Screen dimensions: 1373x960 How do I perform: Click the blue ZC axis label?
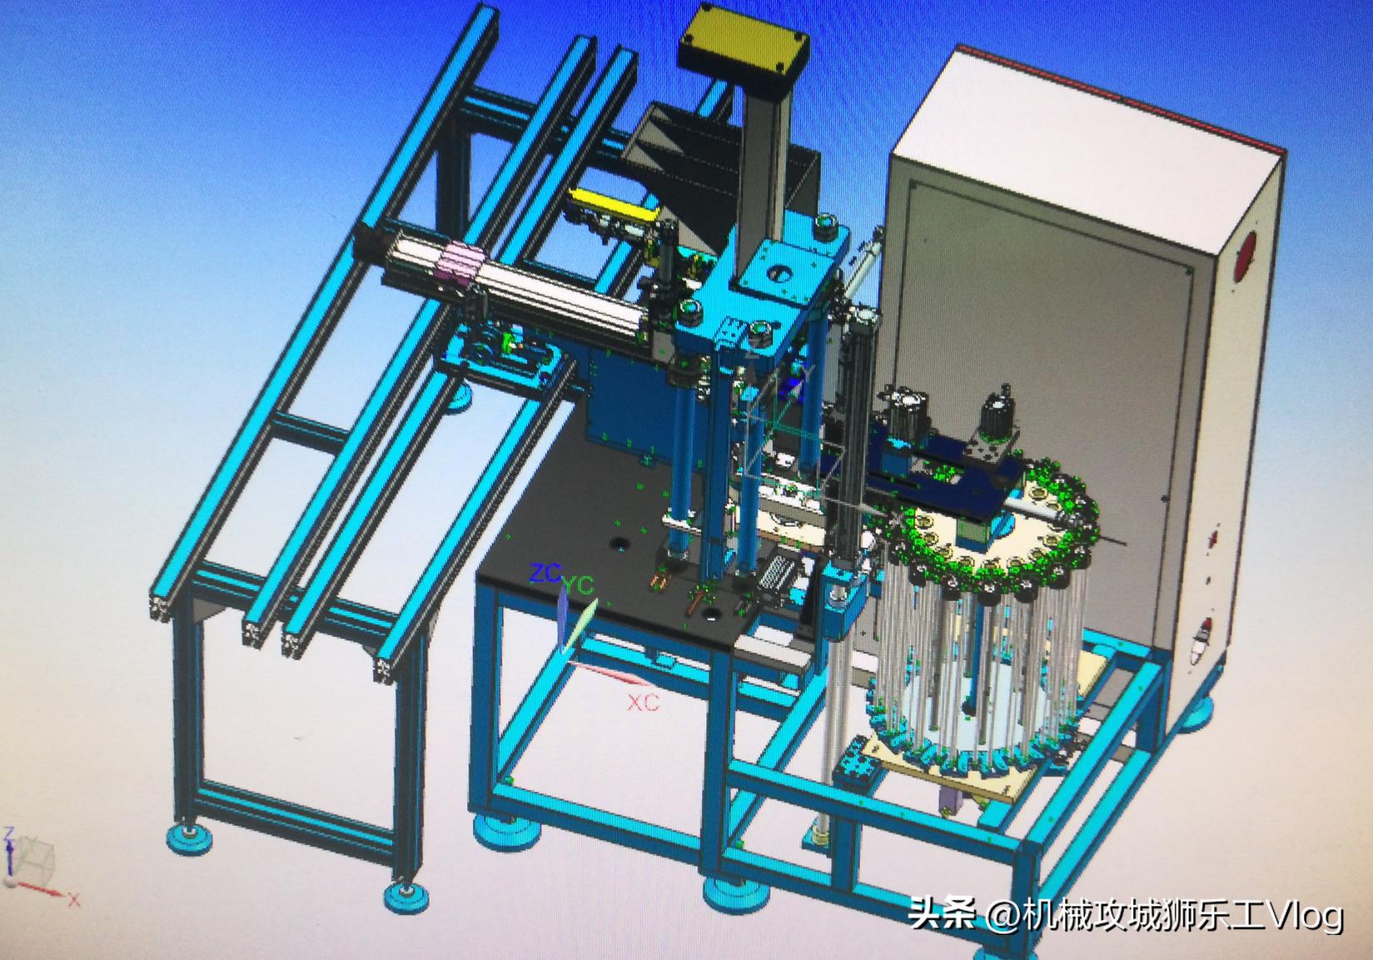tap(545, 573)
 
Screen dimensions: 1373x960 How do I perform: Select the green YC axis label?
tap(580, 586)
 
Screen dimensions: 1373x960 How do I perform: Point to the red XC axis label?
tap(643, 703)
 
